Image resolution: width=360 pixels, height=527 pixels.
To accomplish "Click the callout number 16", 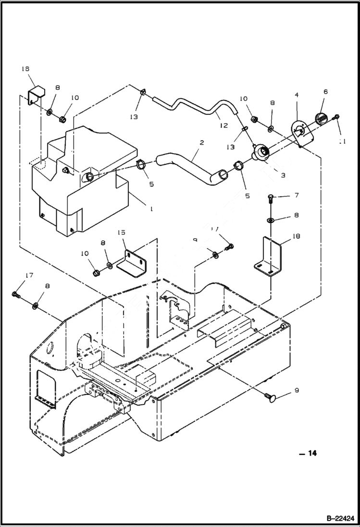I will click(25, 69).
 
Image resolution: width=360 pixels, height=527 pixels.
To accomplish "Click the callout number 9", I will click(296, 391).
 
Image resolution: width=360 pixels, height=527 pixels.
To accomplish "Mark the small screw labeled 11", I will click(338, 118).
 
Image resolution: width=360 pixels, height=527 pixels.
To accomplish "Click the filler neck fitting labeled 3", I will click(263, 153).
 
